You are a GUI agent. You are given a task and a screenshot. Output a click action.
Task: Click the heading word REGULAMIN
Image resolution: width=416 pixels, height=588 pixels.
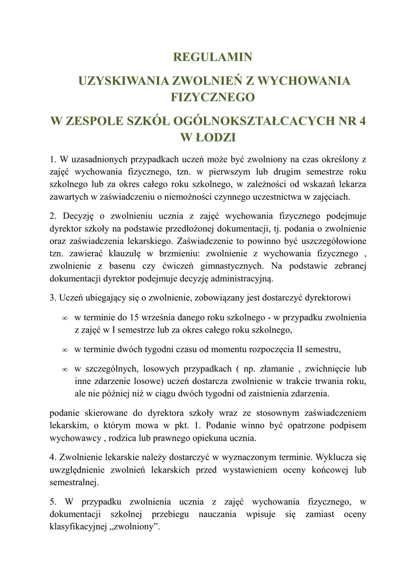pos(213,57)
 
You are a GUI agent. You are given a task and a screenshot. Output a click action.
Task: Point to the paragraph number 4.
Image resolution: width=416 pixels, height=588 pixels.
pos(52,457)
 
